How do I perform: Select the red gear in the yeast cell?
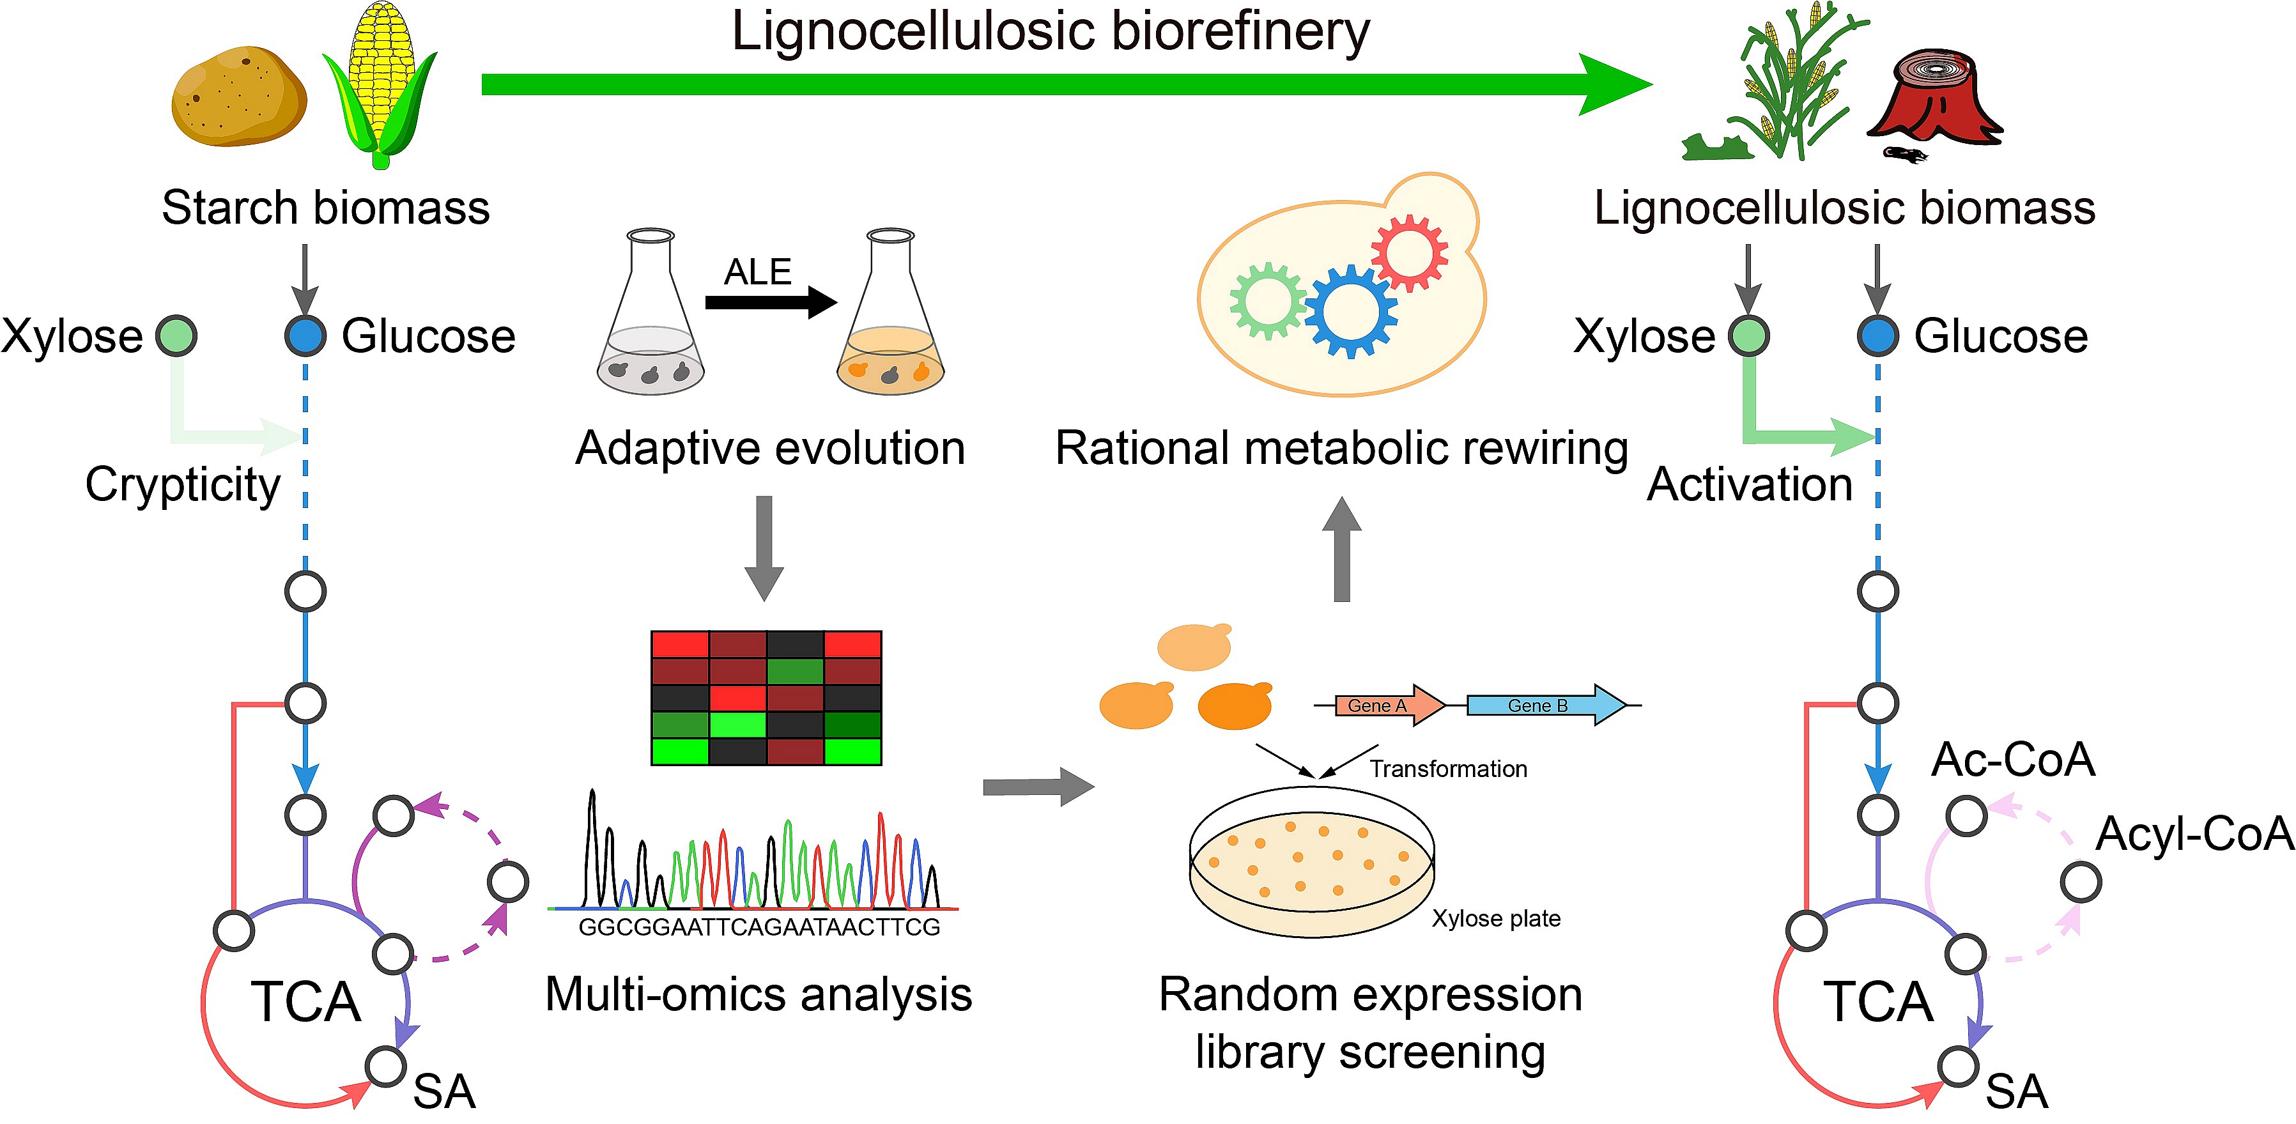click(1410, 252)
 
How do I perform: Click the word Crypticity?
click(183, 485)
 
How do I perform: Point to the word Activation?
click(1749, 485)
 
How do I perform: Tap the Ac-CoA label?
click(2012, 759)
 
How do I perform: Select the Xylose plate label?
click(1495, 918)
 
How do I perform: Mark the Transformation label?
click(1447, 768)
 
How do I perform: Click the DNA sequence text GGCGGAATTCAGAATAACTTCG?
click(759, 928)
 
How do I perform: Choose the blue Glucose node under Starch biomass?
click(305, 336)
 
